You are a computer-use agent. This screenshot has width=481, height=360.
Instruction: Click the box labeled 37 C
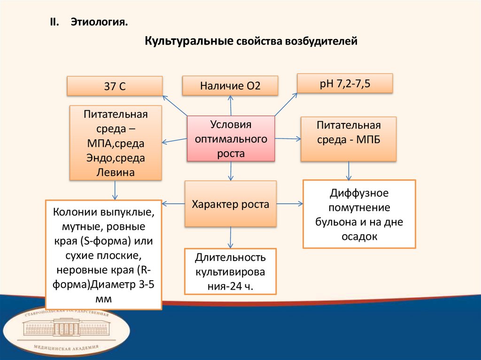[x=115, y=86]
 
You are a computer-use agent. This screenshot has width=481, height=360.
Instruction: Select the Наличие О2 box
[x=230, y=85]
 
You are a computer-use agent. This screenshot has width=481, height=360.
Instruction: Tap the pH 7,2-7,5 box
[x=345, y=84]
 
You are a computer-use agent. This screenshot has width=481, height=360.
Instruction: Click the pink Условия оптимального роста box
[x=231, y=139]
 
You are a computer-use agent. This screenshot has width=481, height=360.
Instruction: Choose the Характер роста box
[x=231, y=204]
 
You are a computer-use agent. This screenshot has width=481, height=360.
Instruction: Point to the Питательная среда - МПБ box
[x=349, y=139]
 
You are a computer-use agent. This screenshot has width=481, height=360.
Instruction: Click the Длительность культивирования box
[x=231, y=271]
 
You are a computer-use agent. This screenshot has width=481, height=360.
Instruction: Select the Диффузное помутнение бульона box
[x=359, y=214]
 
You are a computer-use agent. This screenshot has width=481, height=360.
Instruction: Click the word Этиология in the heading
[x=99, y=22]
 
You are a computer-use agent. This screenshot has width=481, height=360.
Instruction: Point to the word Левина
[x=116, y=172]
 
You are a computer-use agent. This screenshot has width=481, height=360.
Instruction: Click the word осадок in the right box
[x=359, y=237]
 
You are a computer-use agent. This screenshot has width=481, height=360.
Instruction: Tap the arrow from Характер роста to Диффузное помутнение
[x=289, y=204]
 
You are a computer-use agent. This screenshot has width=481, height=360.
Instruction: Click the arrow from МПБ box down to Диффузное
[x=349, y=171]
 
